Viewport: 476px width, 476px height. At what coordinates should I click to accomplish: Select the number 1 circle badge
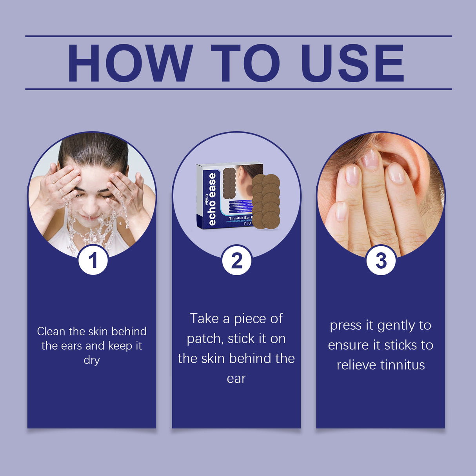click(93, 260)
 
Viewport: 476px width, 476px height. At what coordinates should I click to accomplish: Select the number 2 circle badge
click(237, 260)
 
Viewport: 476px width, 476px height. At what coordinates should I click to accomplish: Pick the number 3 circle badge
click(381, 260)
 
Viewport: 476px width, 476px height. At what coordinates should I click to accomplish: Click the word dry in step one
click(91, 360)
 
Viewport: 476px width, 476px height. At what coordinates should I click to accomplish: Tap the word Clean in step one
click(51, 331)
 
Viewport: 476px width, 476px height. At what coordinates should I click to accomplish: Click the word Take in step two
click(205, 318)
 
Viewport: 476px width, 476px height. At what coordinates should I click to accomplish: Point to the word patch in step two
click(203, 338)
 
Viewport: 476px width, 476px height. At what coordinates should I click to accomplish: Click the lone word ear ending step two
click(236, 378)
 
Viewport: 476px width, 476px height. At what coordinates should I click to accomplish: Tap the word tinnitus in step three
click(402, 365)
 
